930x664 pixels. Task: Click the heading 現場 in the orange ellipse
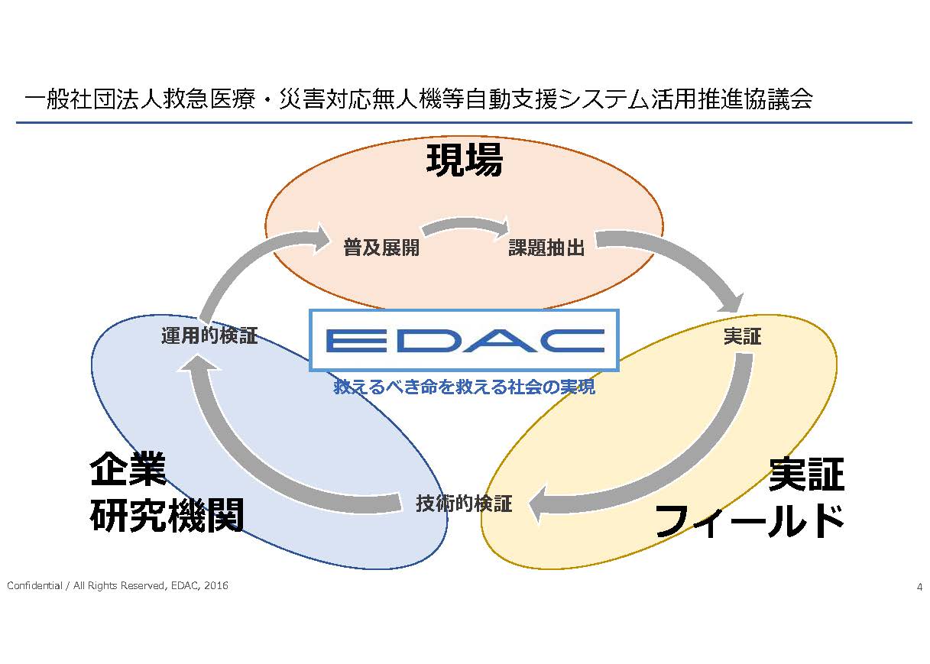point(465,160)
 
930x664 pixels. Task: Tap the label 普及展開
point(381,248)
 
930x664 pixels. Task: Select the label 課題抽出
point(546,248)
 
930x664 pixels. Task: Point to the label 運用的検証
point(209,335)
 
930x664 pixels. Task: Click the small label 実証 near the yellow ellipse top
point(742,336)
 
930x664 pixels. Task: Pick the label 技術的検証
point(464,504)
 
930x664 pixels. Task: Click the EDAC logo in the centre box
point(465,341)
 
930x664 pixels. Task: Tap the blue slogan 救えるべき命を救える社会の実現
point(464,387)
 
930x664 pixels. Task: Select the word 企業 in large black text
point(128,469)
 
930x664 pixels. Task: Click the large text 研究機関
point(167,515)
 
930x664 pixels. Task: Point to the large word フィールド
point(750,521)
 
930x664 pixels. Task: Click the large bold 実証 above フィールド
point(806,474)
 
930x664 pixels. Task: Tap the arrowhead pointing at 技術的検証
point(539,504)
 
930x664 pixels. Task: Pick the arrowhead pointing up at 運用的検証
point(198,363)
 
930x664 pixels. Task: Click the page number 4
point(919,587)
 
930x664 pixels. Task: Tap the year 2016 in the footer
point(216,585)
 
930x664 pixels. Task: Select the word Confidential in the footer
point(34,585)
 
